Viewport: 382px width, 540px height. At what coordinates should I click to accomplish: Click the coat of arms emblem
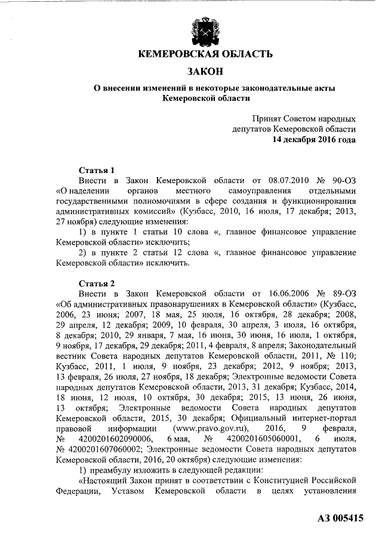point(205,30)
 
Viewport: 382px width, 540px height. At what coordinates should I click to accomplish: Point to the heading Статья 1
point(97,169)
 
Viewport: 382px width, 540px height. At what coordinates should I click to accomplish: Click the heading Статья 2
point(97,283)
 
